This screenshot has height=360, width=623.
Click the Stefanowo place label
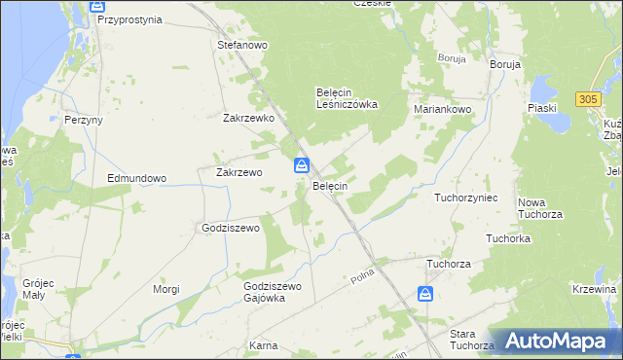point(242,45)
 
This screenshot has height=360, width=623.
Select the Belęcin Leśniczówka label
point(347,98)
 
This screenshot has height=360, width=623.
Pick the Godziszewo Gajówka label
point(274,293)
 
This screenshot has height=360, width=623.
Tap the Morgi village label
point(166,289)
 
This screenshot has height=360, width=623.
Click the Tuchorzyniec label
point(466,198)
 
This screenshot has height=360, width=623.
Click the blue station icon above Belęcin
point(302,165)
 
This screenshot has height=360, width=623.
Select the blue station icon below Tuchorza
point(425,293)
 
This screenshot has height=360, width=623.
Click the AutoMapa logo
point(555,341)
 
